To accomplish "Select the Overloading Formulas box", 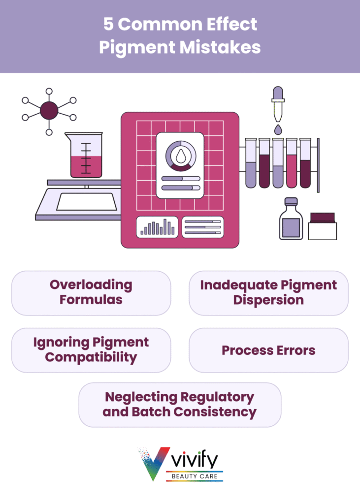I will pyautogui.click(x=91, y=292).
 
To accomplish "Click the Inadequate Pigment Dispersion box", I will pyautogui.click(x=268, y=292).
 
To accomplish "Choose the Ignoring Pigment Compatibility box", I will pyautogui.click(x=91, y=350).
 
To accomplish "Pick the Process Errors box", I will pyautogui.click(x=268, y=350).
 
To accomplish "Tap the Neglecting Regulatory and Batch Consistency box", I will pyautogui.click(x=180, y=405).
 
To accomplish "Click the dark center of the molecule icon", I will pyautogui.click(x=48, y=111).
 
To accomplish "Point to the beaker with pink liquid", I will pyautogui.click(x=86, y=155).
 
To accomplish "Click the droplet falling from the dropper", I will pyautogui.click(x=278, y=129).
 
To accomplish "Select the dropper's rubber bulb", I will pyautogui.click(x=278, y=94).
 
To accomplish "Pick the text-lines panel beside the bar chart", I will pyautogui.click(x=202, y=227).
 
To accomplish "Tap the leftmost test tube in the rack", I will pyautogui.click(x=251, y=163).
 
